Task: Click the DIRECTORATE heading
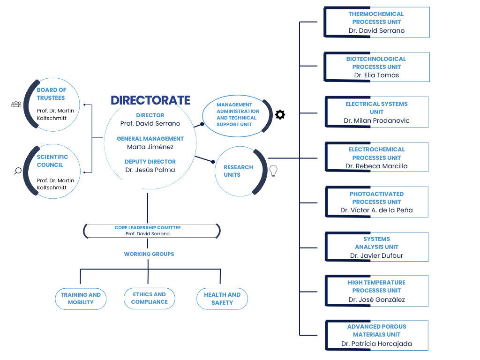click(150, 100)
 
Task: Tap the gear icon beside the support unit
click(280, 114)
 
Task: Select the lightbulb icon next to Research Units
click(273, 172)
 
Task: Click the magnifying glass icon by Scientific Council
click(17, 171)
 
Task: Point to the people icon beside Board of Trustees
click(16, 104)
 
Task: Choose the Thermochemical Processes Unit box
click(376, 22)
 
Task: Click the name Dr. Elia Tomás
click(376, 75)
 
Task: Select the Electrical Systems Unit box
click(376, 112)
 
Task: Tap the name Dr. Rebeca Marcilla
click(376, 166)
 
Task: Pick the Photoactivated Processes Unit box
click(376, 202)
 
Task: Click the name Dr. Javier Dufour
click(376, 255)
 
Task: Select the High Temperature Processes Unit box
click(376, 291)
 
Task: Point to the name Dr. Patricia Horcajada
click(376, 344)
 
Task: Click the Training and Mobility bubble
click(81, 299)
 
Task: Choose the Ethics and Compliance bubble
click(150, 298)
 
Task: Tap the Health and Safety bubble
click(222, 299)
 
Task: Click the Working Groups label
click(149, 254)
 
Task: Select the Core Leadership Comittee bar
click(152, 231)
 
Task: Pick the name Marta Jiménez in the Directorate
click(150, 147)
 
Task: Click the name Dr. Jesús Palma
click(150, 170)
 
